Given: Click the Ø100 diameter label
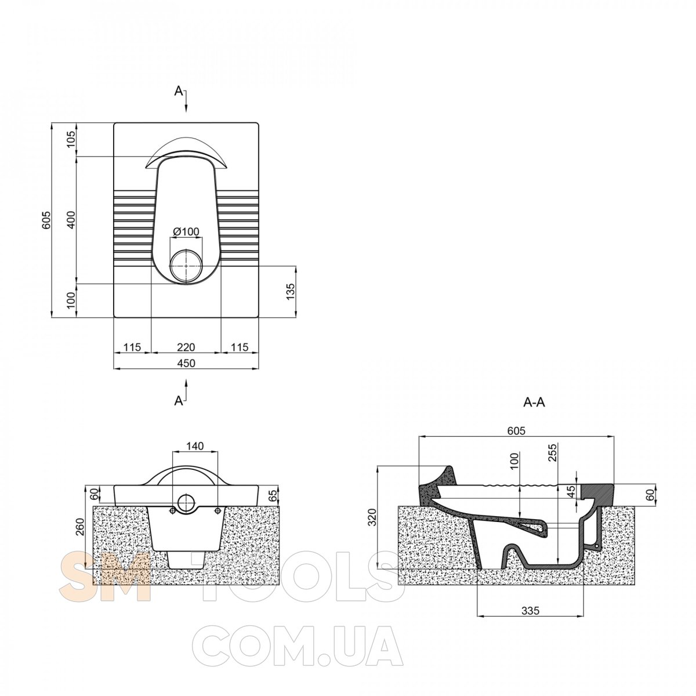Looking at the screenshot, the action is click(186, 231).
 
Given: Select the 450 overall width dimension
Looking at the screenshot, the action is click(186, 363).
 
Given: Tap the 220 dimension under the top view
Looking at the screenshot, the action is click(186, 347).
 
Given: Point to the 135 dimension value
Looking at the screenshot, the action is click(290, 292).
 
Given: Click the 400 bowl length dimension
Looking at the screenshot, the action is click(71, 220).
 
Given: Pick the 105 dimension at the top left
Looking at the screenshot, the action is click(71, 139).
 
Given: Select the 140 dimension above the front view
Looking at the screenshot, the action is click(195, 446).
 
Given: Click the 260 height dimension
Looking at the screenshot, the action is click(80, 527).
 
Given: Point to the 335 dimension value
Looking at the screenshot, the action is click(530, 610).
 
